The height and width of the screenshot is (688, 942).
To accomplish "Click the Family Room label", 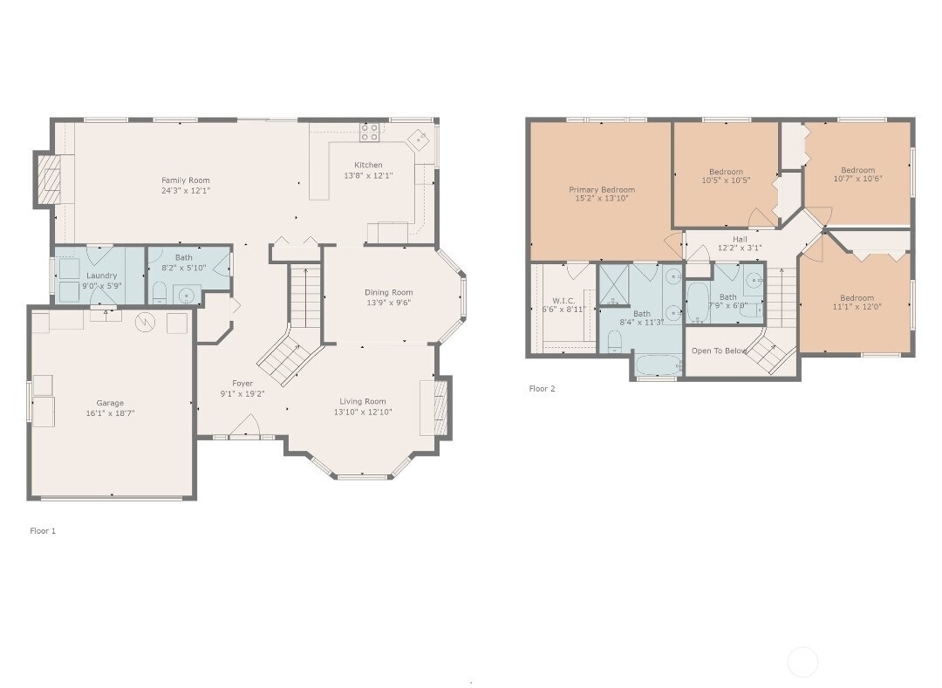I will tap(185, 181).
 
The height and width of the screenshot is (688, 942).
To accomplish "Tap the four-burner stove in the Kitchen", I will tap(370, 132).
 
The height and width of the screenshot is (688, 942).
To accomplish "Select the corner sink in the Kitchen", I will tap(419, 137).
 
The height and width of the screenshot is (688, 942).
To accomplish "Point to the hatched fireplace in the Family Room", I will tap(50, 181).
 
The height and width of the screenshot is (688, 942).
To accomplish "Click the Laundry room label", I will tap(101, 276).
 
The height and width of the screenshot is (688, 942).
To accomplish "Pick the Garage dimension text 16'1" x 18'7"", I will tap(110, 413).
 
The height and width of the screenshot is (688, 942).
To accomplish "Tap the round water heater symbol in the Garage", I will tap(144, 323).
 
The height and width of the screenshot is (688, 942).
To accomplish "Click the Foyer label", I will tap(242, 383).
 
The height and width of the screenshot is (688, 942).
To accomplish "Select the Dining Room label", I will tap(389, 292).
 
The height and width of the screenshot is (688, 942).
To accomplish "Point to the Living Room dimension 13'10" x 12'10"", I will tap(363, 412).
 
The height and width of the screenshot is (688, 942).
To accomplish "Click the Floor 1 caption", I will tap(43, 530).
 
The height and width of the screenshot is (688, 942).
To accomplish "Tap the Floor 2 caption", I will tap(542, 389).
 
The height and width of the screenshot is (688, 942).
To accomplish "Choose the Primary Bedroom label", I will tap(602, 189).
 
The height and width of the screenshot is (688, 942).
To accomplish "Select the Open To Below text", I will tap(719, 351).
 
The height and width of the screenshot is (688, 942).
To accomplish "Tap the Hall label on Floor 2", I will tap(740, 239).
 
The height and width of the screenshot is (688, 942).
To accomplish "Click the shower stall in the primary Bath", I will tap(617, 284).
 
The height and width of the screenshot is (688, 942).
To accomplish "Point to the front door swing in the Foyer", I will tap(249, 427).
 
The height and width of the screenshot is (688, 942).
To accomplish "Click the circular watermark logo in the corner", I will tap(802, 663).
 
